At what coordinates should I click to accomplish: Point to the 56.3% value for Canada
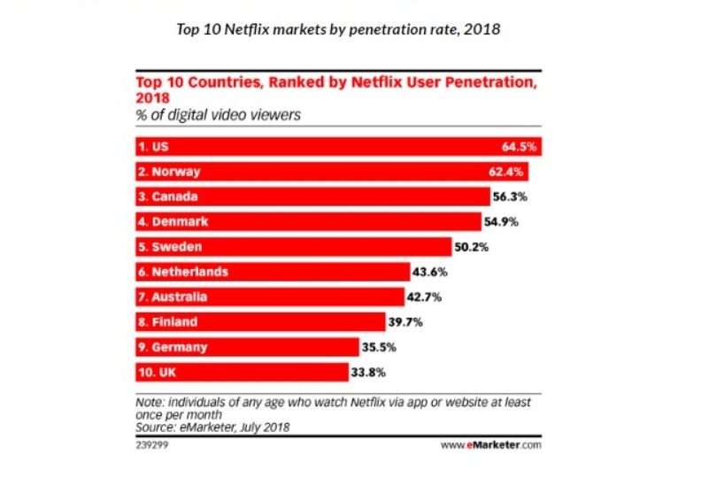pyautogui.click(x=510, y=197)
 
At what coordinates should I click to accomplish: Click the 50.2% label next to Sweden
pyautogui.click(x=472, y=247)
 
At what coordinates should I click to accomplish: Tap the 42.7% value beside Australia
pyautogui.click(x=428, y=297)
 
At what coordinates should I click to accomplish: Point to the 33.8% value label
pyautogui.click(x=368, y=372)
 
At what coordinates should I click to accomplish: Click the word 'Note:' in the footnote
pyautogui.click(x=150, y=402)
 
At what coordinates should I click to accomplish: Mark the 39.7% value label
pyautogui.click(x=405, y=322)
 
